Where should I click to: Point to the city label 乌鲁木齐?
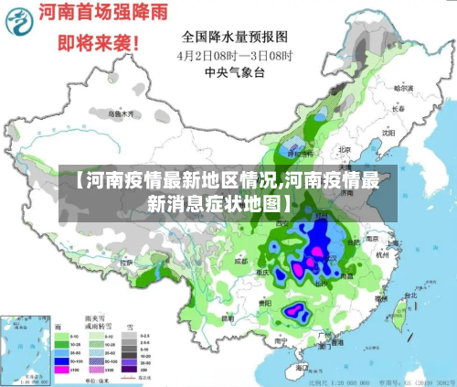pos(122,114)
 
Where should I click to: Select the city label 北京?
pos(345,149)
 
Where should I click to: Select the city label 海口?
pos(302,366)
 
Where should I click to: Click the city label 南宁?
pos(280,339)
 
